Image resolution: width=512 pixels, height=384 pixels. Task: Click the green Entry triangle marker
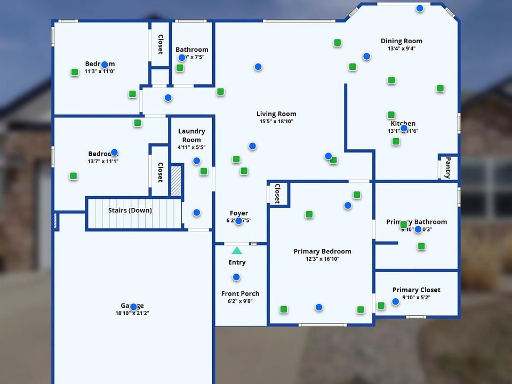click(237, 250)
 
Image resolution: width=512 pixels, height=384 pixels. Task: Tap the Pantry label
click(448, 167)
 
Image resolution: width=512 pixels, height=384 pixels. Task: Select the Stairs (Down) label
click(130, 210)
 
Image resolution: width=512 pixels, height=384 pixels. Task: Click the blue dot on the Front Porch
click(236, 277)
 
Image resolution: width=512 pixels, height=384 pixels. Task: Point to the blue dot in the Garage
click(133, 307)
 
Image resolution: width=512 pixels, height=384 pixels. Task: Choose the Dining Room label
click(401, 41)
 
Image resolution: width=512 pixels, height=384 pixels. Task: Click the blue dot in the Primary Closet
click(395, 301)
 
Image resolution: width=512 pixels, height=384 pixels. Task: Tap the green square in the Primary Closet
click(381, 306)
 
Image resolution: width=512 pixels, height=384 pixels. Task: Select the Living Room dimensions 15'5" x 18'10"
click(276, 122)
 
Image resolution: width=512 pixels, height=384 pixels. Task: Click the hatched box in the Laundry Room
click(176, 176)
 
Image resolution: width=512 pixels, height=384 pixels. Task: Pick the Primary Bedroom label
click(322, 251)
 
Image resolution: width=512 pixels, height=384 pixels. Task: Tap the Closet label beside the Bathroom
click(160, 44)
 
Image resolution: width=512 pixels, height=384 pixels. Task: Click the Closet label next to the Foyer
click(277, 194)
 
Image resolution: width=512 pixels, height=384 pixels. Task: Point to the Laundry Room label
click(191, 135)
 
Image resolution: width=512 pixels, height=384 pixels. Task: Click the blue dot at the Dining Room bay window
click(420, 8)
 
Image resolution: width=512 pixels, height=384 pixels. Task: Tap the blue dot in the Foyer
click(238, 221)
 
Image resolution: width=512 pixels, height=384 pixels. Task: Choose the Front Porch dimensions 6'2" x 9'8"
click(240, 301)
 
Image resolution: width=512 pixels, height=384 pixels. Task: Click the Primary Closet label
click(416, 290)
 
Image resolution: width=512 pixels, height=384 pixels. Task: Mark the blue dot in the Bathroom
click(182, 58)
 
